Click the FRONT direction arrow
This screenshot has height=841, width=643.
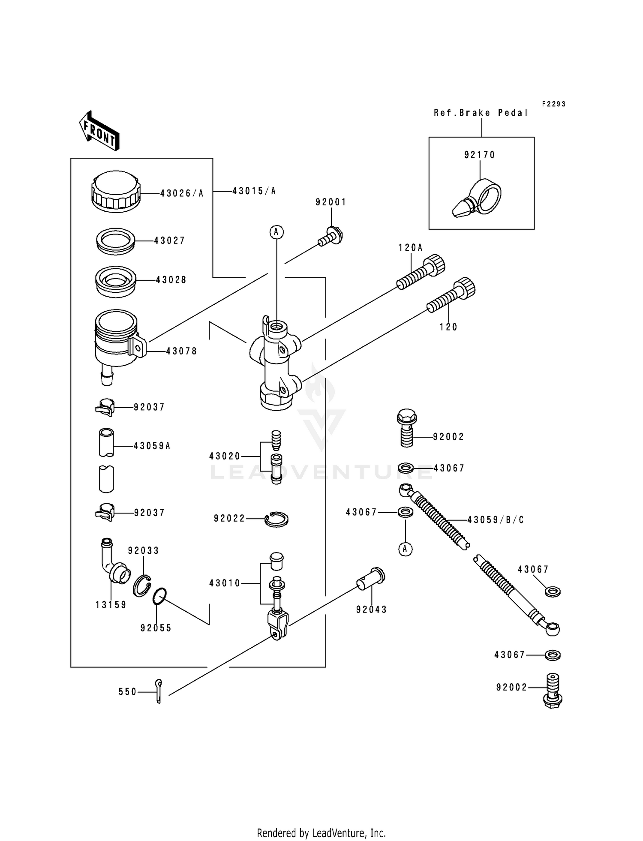pyautogui.click(x=99, y=131)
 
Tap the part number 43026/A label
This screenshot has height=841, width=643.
pyautogui.click(x=182, y=193)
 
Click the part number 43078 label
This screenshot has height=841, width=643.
pyautogui.click(x=181, y=351)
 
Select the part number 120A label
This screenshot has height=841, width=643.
pyautogui.click(x=411, y=247)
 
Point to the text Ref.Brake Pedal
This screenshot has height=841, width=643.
pyautogui.click(x=481, y=113)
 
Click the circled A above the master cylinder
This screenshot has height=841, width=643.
pyautogui.click(x=276, y=232)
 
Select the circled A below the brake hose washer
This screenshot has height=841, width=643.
pyautogui.click(x=406, y=549)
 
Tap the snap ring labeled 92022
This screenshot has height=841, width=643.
pyautogui.click(x=276, y=519)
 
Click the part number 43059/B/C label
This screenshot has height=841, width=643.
pyautogui.click(x=496, y=520)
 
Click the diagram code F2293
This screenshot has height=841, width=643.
pyautogui.click(x=553, y=104)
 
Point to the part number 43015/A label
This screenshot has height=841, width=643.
pyautogui.click(x=254, y=191)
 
